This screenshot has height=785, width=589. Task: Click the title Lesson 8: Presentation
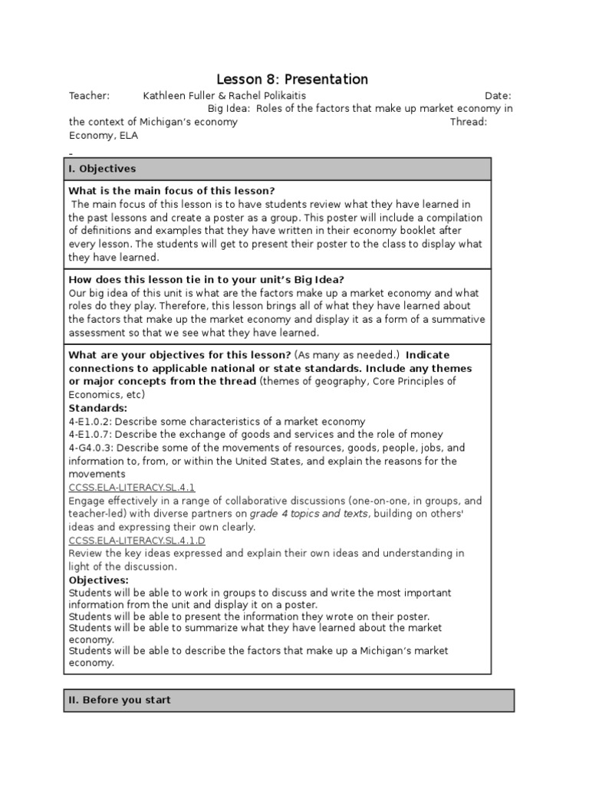coord(292,80)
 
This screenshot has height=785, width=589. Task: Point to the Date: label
coord(499,96)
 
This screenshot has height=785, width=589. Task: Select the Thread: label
coord(469,122)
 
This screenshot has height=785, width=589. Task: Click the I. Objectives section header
coord(102,169)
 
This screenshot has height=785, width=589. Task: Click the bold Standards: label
coord(98,408)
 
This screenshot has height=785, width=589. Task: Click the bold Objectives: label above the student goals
coord(99,580)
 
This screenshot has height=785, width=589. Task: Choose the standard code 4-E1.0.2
coord(90,422)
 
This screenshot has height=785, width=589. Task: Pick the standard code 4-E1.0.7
coord(90,435)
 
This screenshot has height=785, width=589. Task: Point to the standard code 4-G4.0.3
coord(91,448)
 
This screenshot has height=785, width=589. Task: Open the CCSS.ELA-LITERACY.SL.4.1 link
coord(132,488)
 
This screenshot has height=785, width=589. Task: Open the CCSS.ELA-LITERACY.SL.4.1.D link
coord(137,540)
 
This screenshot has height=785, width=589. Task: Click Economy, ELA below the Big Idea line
coord(104,136)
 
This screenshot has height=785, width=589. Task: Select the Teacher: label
coord(90,96)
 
